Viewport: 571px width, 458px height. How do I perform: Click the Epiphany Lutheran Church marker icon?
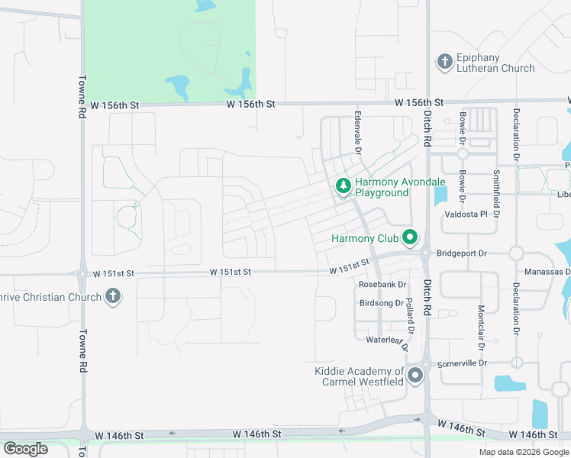tap(444, 61)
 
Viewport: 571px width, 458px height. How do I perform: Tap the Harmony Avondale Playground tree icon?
tap(344, 185)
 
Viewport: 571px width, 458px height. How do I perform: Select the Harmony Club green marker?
tap(409, 238)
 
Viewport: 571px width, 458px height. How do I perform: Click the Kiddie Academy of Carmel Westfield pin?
tap(415, 376)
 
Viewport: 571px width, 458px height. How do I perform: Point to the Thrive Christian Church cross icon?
tap(113, 296)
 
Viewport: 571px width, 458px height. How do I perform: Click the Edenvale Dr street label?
tap(356, 130)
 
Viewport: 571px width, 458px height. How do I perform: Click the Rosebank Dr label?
tap(382, 284)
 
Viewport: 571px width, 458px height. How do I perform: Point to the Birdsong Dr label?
tap(381, 303)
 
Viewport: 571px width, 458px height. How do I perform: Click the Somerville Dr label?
tap(461, 364)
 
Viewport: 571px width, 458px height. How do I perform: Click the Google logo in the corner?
tap(25, 449)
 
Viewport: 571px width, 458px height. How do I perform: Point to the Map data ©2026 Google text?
tap(524, 452)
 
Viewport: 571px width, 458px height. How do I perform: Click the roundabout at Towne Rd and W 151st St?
tap(82, 273)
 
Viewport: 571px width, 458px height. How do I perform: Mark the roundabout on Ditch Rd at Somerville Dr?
tap(426, 363)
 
